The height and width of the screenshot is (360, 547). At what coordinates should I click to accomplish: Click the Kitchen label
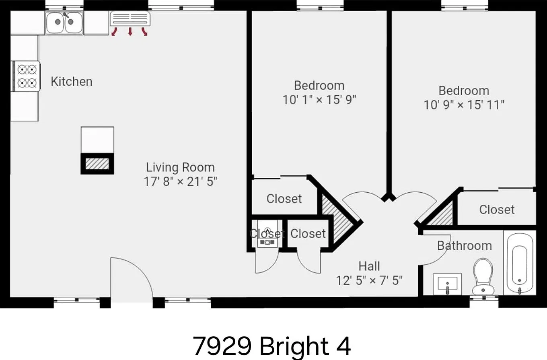[72, 82]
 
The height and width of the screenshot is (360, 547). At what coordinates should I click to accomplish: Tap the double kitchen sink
[64, 23]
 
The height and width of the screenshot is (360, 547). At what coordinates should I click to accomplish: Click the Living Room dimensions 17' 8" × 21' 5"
[181, 181]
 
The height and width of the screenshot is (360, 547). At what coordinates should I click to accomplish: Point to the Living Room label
[181, 168]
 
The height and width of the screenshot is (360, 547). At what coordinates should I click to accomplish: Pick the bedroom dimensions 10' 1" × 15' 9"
[319, 100]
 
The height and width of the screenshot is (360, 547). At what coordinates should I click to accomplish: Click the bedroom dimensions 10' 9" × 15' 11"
[464, 105]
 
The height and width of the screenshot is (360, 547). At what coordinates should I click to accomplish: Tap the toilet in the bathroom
[483, 277]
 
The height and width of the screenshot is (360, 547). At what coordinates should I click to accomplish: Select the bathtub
[519, 263]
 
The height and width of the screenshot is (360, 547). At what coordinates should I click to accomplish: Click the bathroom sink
[447, 284]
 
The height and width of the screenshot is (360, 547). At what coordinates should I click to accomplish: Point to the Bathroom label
[465, 246]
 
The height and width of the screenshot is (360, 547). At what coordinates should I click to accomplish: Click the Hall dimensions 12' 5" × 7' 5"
[369, 280]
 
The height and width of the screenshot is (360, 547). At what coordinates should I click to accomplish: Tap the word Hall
[369, 266]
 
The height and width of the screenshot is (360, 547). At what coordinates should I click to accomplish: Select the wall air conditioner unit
[130, 19]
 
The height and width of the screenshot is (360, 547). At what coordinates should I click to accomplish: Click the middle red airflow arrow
[130, 31]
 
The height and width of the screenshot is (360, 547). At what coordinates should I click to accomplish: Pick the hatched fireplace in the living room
[97, 164]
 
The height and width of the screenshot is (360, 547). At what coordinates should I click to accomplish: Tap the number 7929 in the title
[222, 346]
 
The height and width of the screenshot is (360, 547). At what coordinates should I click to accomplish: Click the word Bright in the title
[294, 346]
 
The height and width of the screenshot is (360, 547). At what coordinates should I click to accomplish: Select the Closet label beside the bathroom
[497, 210]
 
